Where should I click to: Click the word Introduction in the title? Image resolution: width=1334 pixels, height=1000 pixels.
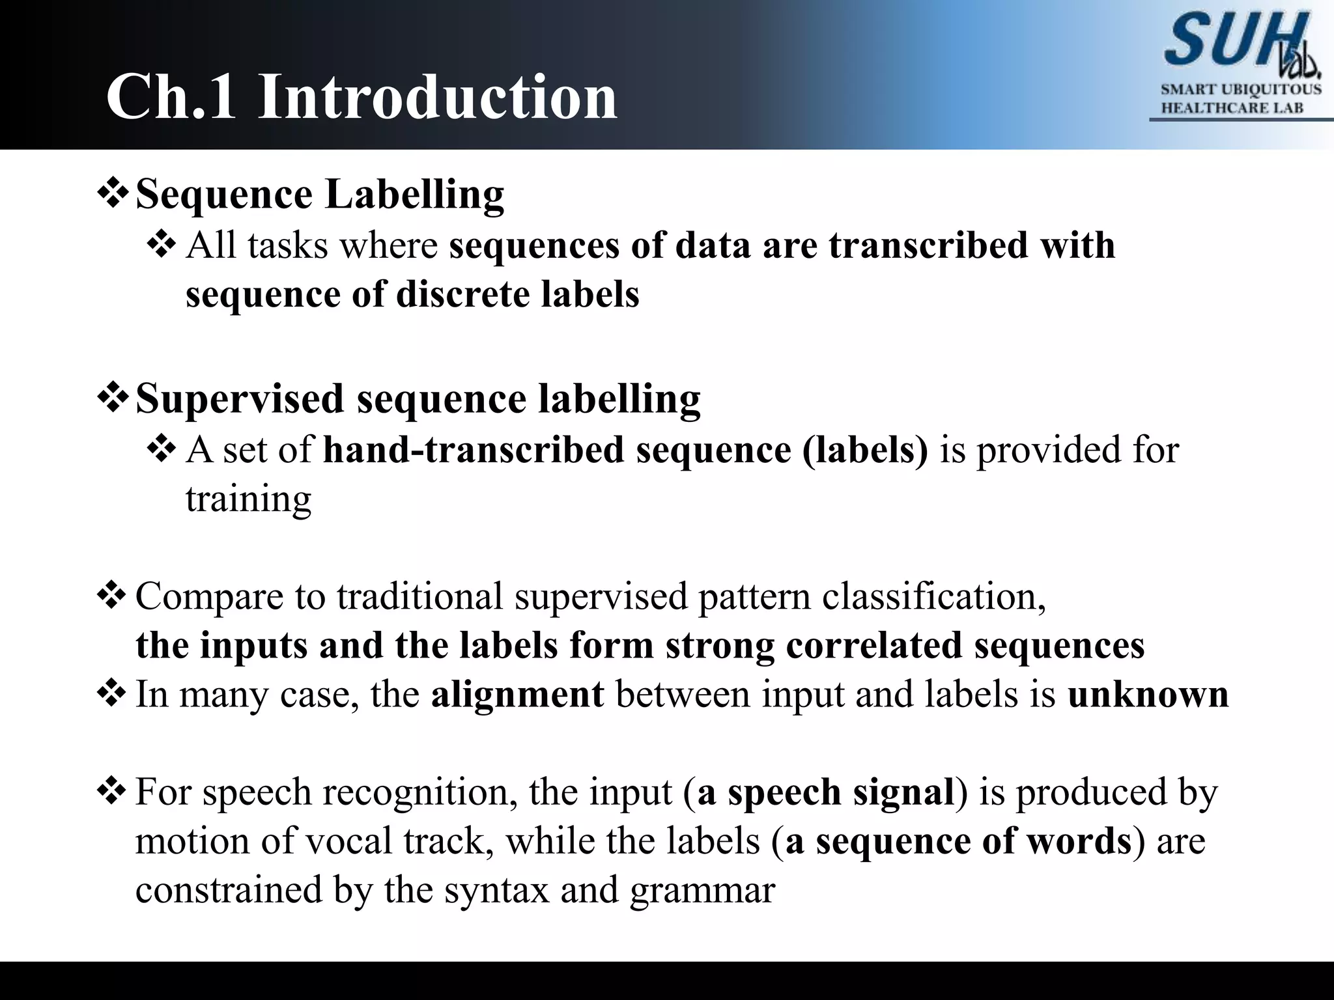point(437,98)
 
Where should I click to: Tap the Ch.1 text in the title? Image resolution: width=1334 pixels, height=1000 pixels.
point(171,98)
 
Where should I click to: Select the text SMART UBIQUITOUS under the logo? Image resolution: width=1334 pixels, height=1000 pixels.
point(1241,89)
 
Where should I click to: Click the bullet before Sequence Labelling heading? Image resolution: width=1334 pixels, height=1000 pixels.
point(113,195)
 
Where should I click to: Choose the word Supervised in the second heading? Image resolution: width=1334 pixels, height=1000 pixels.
point(239,398)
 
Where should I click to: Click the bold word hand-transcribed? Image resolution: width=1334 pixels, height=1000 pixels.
point(473,450)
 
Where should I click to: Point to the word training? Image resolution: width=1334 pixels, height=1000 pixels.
point(248,499)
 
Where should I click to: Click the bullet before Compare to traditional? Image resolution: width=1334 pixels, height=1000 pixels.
point(113,596)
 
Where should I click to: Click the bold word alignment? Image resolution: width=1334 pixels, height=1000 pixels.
point(517,694)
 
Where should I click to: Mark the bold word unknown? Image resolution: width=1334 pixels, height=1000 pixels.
point(1148,694)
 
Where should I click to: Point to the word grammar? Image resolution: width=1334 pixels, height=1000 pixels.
point(702,890)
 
